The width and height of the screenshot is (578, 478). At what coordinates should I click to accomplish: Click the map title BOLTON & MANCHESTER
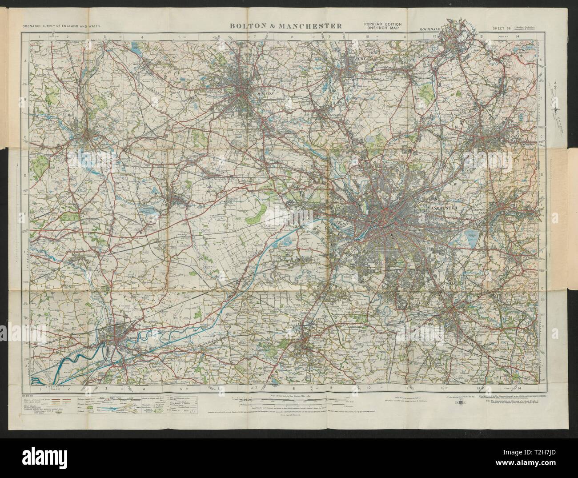click(x=285, y=25)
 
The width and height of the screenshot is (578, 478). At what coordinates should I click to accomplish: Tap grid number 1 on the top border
click(x=40, y=38)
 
